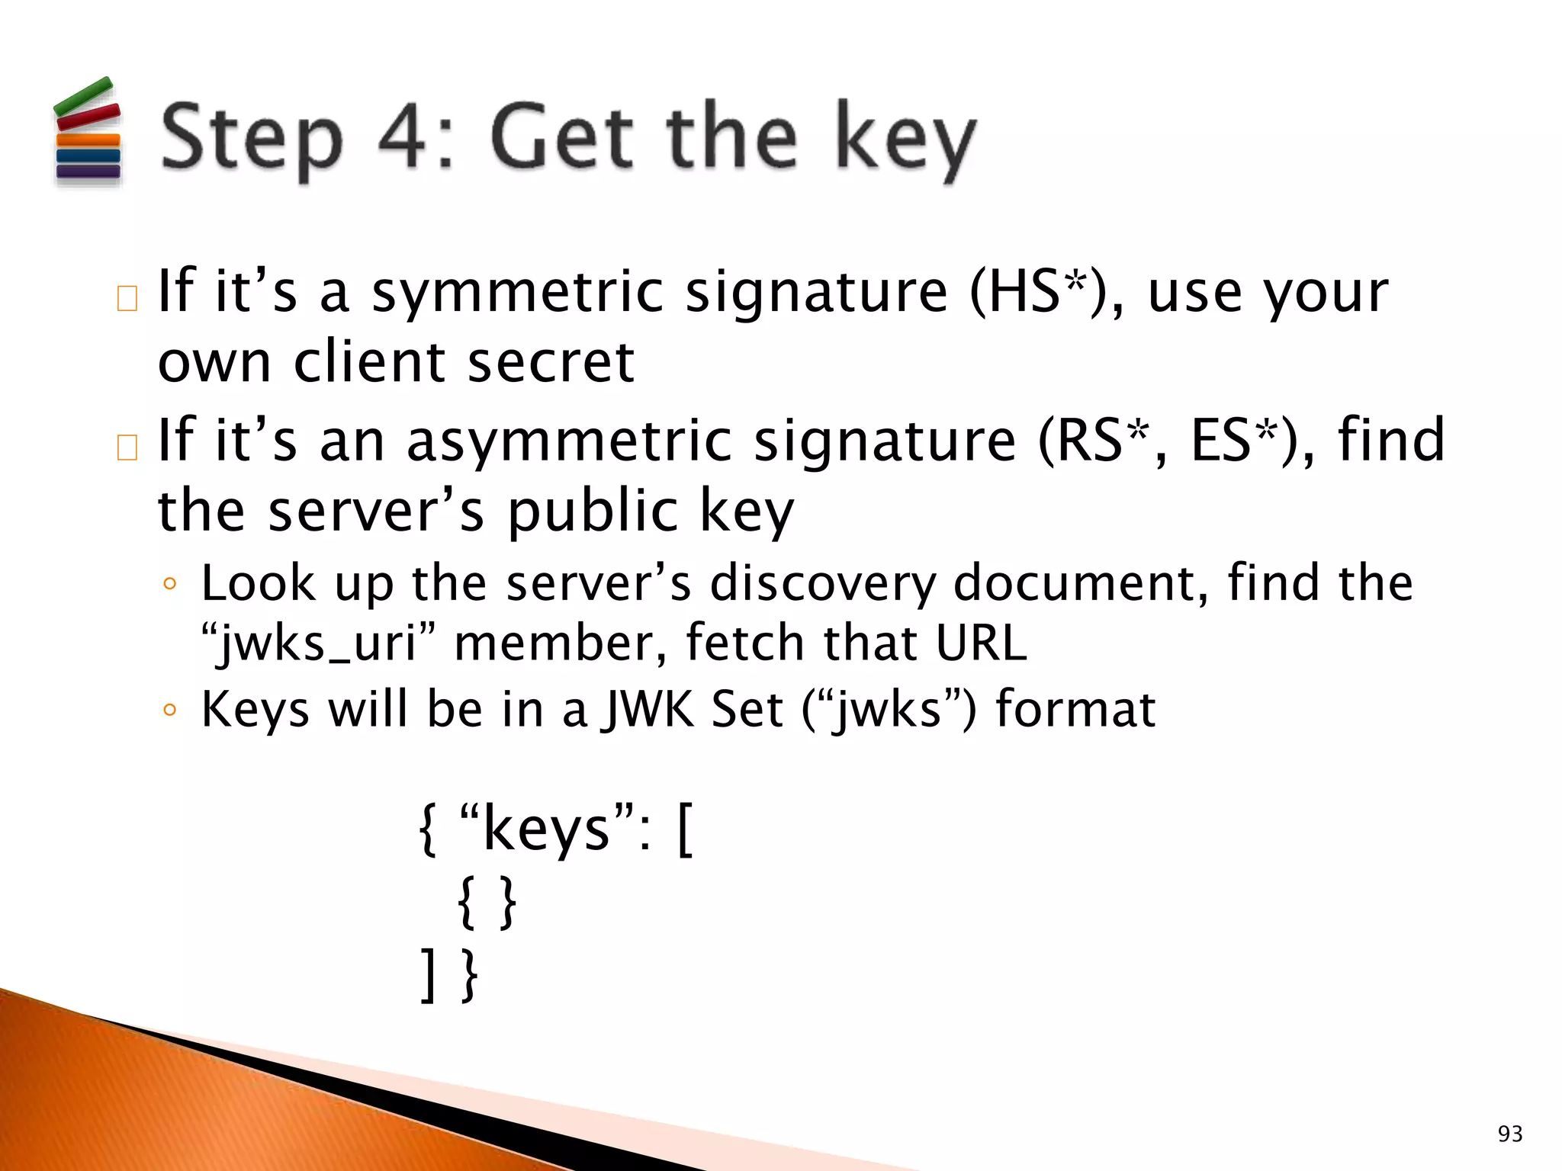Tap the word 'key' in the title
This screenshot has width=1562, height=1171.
905,140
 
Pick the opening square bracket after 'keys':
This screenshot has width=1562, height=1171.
685,833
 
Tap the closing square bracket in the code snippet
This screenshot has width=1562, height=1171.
429,976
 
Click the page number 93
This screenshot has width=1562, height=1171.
1509,1134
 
